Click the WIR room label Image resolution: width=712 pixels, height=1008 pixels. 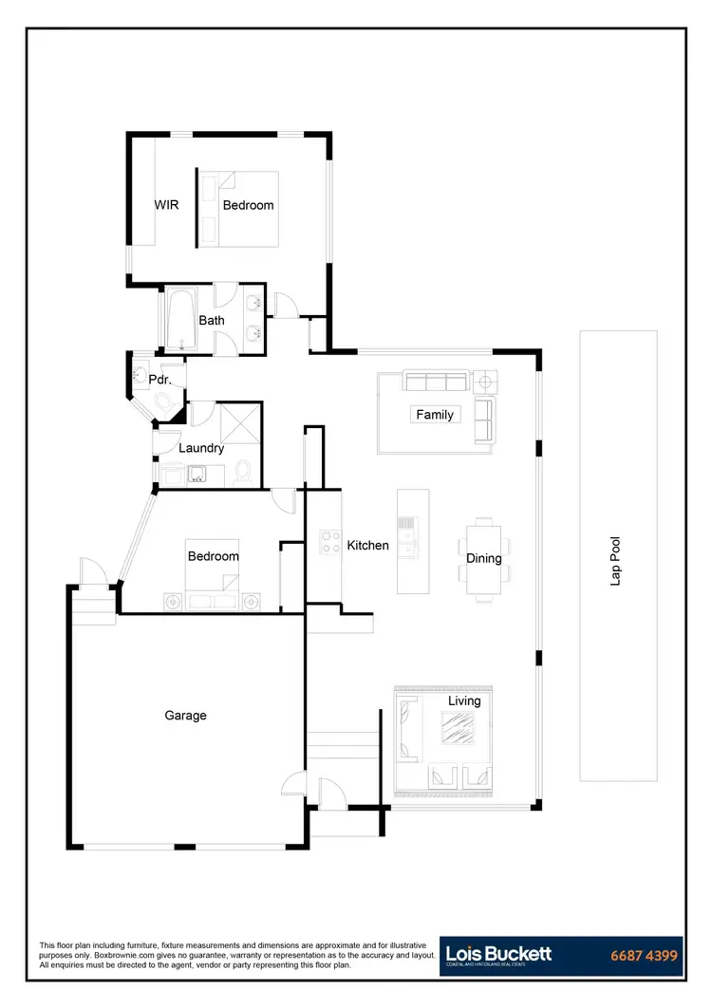(x=167, y=205)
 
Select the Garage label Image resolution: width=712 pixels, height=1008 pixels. (x=185, y=716)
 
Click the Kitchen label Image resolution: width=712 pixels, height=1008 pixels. (x=367, y=546)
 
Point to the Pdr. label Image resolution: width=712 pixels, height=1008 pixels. (x=159, y=380)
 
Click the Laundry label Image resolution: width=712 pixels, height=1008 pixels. (x=201, y=448)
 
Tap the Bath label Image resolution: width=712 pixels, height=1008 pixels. (x=212, y=321)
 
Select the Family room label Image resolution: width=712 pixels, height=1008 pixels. (x=435, y=415)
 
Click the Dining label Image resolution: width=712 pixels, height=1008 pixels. (x=483, y=558)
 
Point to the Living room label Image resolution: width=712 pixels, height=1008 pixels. (x=464, y=701)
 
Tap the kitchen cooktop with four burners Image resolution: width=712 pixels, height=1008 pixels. (x=329, y=542)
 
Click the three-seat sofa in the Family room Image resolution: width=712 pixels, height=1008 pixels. (x=437, y=382)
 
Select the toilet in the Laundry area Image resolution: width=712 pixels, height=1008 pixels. (x=243, y=471)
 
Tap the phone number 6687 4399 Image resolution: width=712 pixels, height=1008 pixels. (x=643, y=956)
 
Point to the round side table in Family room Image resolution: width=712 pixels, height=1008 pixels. (x=484, y=382)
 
